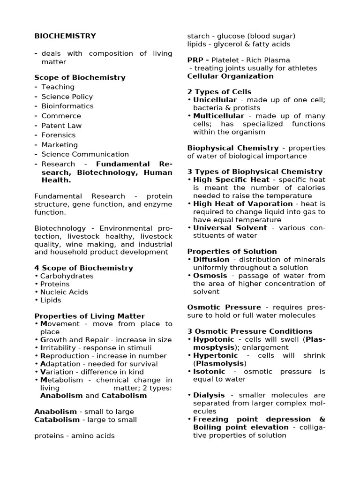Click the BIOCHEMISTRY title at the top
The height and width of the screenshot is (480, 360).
[x=65, y=36]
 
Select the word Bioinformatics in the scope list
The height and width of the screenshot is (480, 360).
[x=67, y=106]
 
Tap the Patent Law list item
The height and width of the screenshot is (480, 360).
[x=61, y=126]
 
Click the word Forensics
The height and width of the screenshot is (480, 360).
[x=58, y=135]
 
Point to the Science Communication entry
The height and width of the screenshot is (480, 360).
[x=85, y=154]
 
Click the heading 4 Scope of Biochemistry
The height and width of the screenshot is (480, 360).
[x=83, y=268]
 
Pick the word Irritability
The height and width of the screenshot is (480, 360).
[x=64, y=348]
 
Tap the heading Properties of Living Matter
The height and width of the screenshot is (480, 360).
[x=90, y=316]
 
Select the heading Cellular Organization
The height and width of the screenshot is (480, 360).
[x=230, y=76]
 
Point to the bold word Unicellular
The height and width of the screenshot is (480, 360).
[x=215, y=100]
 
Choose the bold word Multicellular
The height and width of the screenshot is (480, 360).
[x=218, y=116]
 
